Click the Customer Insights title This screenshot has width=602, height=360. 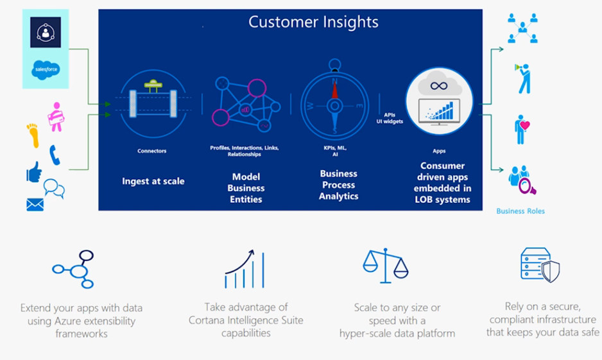(313, 22)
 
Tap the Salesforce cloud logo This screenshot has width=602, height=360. (46, 69)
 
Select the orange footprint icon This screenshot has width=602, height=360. (33, 135)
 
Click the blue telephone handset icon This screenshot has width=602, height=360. (55, 155)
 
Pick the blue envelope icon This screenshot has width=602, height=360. (35, 204)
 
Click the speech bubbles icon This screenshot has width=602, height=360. (54, 188)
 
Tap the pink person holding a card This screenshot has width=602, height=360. (56, 116)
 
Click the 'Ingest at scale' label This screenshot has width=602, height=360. (153, 181)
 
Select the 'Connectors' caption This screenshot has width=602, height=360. (152, 151)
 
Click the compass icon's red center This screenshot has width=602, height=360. (334, 107)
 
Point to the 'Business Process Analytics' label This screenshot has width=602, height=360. (338, 185)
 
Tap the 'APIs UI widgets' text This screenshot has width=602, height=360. (390, 117)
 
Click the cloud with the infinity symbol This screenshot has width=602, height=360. (439, 85)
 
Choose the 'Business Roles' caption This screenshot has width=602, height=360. (520, 211)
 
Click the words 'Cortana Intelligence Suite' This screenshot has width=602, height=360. (246, 320)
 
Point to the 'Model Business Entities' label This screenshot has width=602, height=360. (246, 187)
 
